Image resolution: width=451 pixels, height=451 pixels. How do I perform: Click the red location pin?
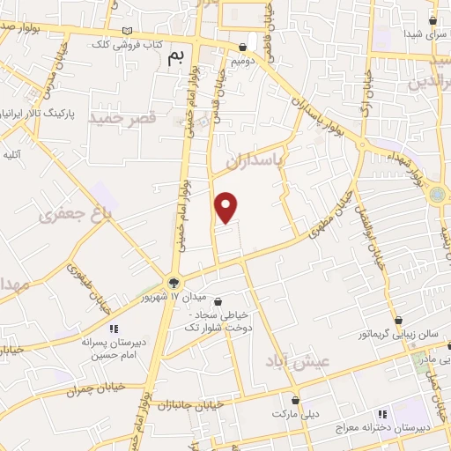(226, 206)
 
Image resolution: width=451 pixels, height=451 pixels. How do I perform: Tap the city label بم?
(176, 58)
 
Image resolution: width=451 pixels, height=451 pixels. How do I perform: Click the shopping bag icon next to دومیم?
(243, 47)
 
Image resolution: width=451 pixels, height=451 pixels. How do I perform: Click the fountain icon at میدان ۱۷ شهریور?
(174, 283)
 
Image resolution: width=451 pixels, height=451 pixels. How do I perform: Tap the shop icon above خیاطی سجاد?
(218, 302)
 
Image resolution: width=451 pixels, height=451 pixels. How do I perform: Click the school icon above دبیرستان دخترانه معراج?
(381, 413)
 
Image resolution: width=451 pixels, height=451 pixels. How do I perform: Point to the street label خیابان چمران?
(96, 388)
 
